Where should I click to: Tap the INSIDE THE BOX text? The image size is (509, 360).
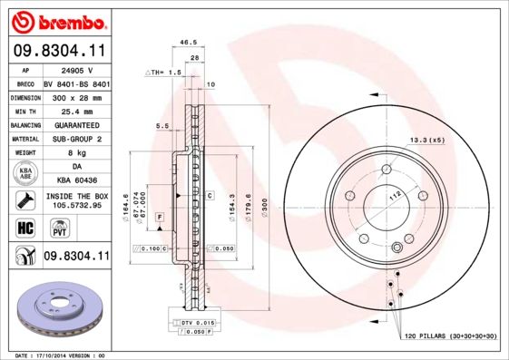[76, 196]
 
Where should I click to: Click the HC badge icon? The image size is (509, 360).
[24, 227]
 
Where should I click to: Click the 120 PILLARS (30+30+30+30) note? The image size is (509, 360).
[450, 336]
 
